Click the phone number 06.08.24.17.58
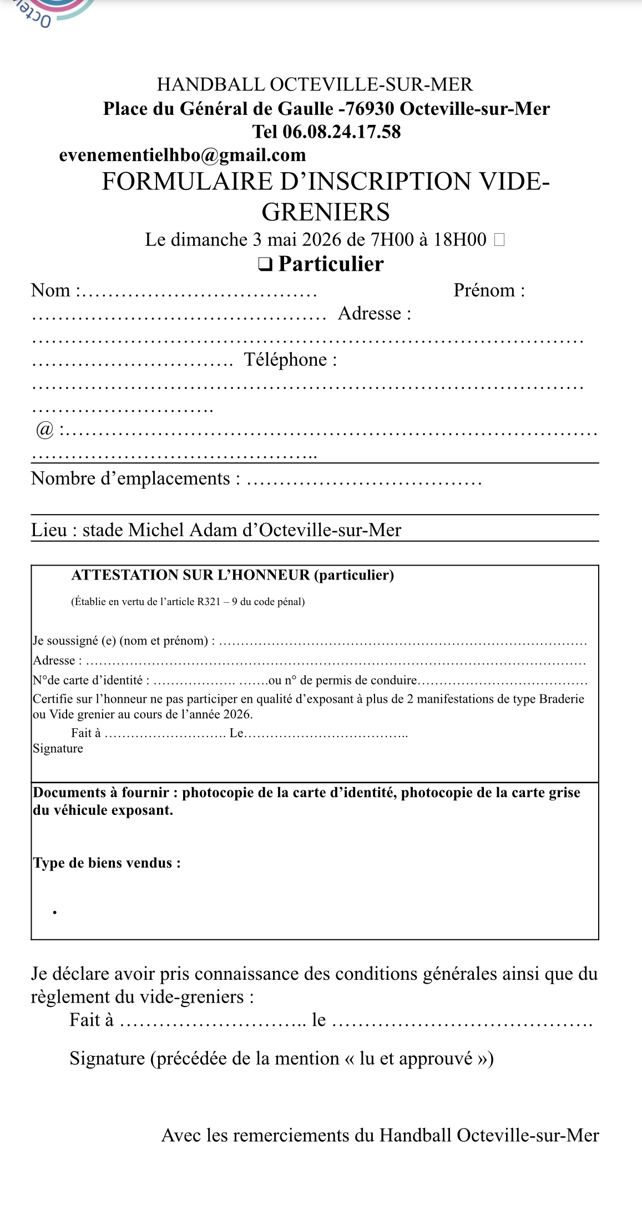pos(341,132)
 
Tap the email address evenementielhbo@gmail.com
pos(183,155)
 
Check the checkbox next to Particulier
pos(265,264)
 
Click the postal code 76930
pos(368,109)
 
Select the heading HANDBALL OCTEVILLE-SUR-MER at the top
pos(315,84)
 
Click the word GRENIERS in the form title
pos(326,212)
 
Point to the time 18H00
pos(459,240)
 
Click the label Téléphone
pos(290,360)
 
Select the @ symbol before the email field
pos(44,430)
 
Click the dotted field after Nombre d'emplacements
pos(363,480)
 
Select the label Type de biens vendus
pos(107,863)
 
